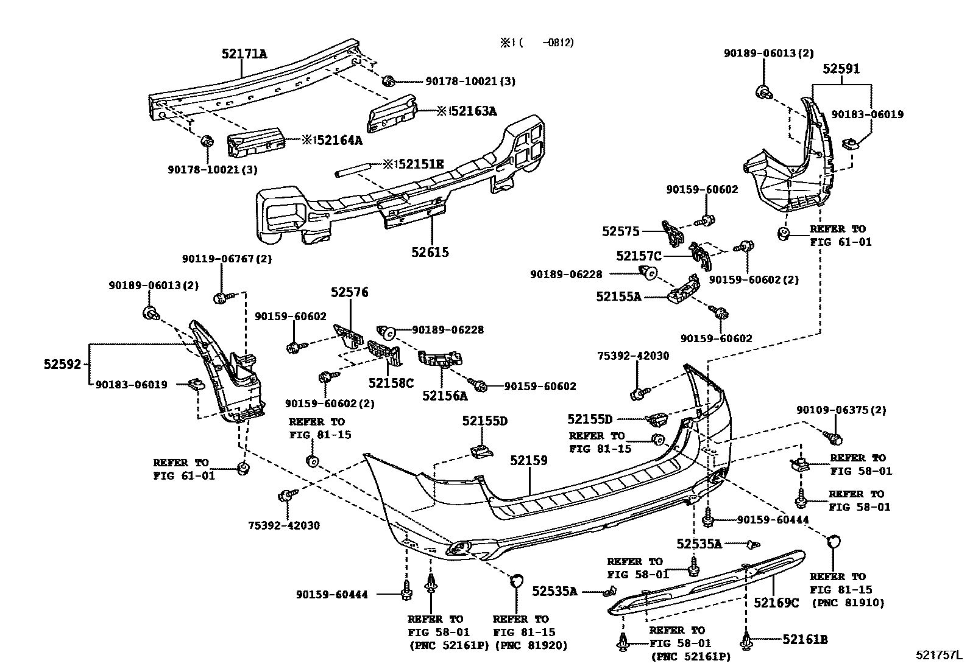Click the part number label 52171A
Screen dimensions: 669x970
tap(244, 54)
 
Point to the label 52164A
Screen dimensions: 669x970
tap(339, 140)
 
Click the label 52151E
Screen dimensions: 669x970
tap(420, 164)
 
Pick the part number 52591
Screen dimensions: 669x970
tap(841, 69)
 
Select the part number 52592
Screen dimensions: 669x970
tap(62, 364)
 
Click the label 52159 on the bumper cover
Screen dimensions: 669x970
tap(528, 460)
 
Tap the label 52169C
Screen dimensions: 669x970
tap(776, 602)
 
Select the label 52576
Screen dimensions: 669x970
tap(350, 292)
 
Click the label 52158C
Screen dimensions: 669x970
tap(391, 383)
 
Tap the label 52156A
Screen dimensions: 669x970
tap(445, 396)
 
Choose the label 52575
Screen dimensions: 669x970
tap(620, 231)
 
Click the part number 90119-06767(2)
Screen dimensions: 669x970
tap(227, 259)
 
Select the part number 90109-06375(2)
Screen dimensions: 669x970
tap(841, 410)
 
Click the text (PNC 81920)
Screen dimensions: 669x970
tap(530, 645)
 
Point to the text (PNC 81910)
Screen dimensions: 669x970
tap(847, 603)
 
